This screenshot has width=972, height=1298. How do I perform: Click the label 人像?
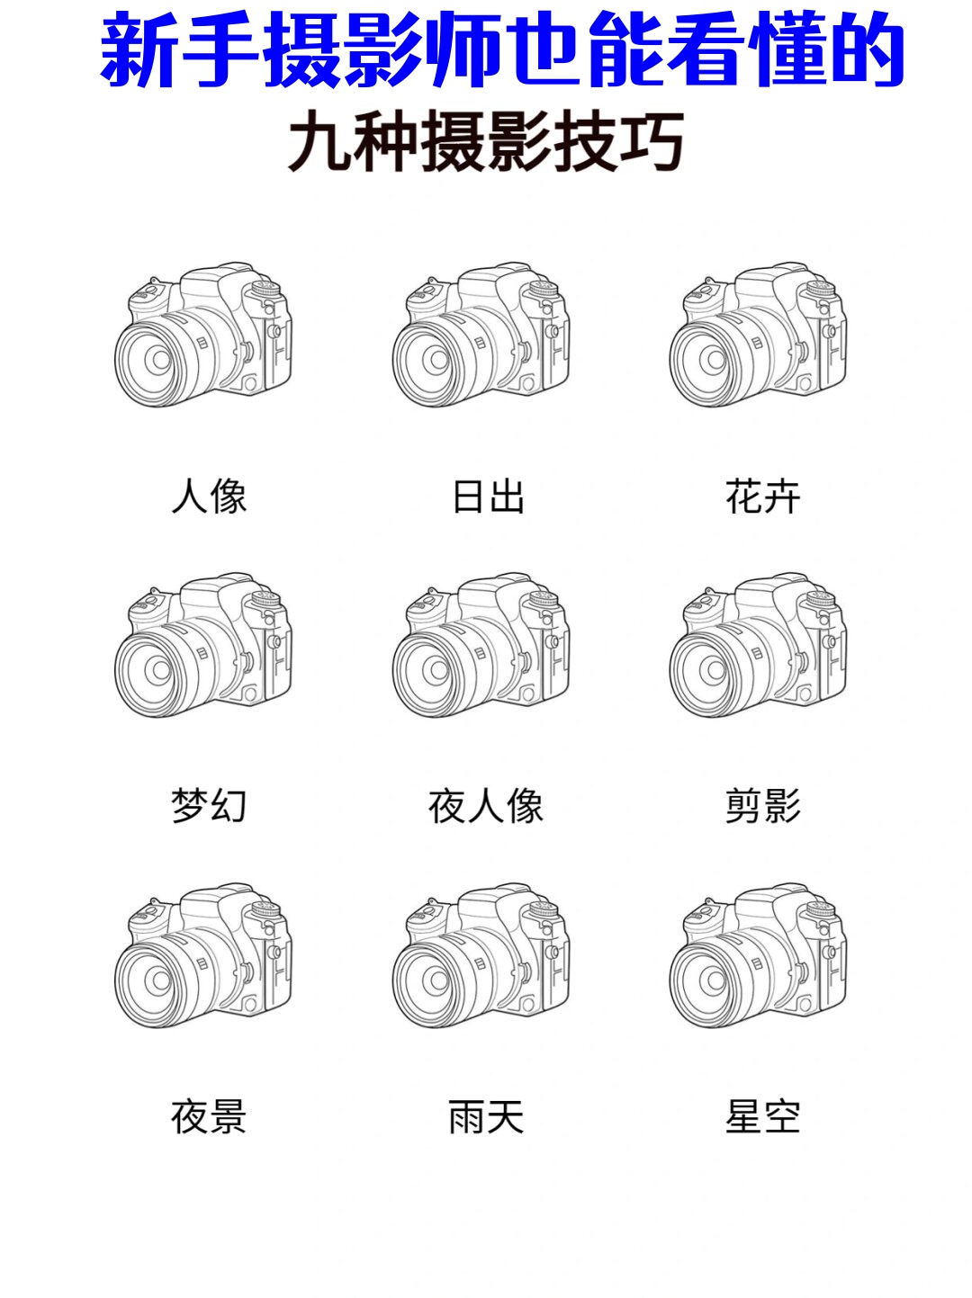pyautogui.click(x=209, y=496)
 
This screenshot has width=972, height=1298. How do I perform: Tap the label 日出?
pyautogui.click(x=488, y=497)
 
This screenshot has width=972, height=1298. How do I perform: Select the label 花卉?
pyautogui.click(x=763, y=496)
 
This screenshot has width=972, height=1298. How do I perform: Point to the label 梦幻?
pyautogui.click(x=209, y=805)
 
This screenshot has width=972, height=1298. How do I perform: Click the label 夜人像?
pyautogui.click(x=486, y=805)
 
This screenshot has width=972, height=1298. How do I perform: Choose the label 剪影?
pyautogui.click(x=763, y=805)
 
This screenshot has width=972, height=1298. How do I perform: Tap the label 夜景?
pyautogui.click(x=209, y=1116)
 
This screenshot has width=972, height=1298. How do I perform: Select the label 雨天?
pyautogui.click(x=486, y=1116)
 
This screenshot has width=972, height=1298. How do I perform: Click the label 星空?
pyautogui.click(x=763, y=1116)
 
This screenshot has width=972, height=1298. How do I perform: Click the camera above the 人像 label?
pyautogui.click(x=202, y=334)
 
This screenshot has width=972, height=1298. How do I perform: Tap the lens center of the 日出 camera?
pyautogui.click(x=439, y=359)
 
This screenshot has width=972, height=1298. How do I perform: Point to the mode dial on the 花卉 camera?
pyautogui.click(x=821, y=289)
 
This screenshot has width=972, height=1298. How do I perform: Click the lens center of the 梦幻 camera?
pyautogui.click(x=161, y=669)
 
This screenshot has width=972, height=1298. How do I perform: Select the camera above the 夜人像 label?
pyautogui.click(x=481, y=645)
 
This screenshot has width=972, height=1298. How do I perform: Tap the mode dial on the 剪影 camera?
pyautogui.click(x=821, y=599)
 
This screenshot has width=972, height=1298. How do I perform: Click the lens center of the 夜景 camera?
pyautogui.click(x=161, y=980)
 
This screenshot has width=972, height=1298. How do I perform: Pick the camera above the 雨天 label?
pyautogui.click(x=481, y=955)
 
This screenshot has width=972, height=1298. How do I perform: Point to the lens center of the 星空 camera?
pyautogui.click(x=715, y=980)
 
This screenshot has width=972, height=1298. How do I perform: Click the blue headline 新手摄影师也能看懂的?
pyautogui.click(x=502, y=49)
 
